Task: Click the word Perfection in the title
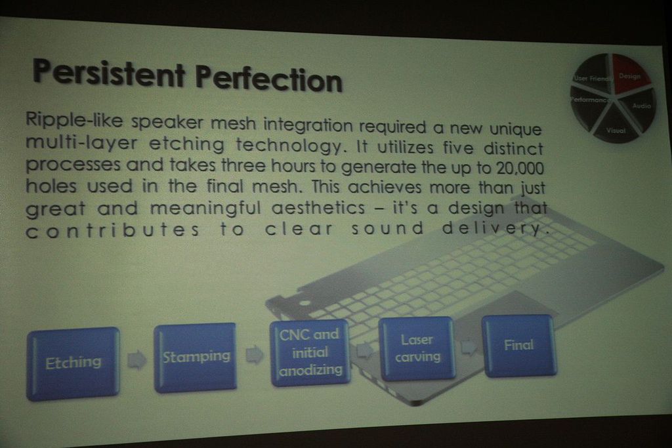(268, 78)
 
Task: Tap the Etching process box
(73, 364)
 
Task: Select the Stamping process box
(196, 357)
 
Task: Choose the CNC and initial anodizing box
(310, 352)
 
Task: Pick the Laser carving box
(417, 348)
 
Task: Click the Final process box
(518, 346)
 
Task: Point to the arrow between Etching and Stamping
(136, 359)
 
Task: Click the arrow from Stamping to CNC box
(254, 355)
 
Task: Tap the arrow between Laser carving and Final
(469, 346)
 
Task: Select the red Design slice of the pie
(629, 73)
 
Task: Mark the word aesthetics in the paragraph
(318, 208)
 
